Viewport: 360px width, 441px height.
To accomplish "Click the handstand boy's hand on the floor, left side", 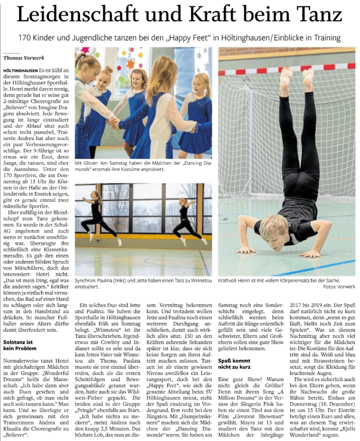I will tap(246, 249).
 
